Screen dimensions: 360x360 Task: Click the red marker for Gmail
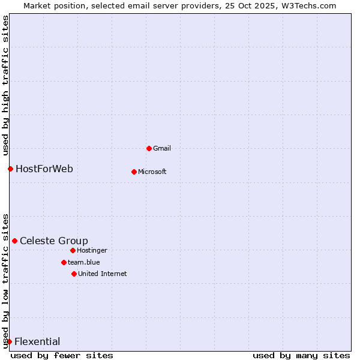click(149, 148)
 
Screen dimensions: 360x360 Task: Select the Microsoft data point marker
click(134, 172)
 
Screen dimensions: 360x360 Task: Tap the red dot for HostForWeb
click(10, 169)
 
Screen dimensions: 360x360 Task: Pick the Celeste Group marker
click(14, 241)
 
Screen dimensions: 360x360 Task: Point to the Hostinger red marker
click(73, 250)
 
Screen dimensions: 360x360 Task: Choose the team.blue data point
click(64, 262)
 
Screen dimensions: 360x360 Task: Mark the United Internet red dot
click(74, 274)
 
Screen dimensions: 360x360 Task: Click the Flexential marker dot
click(9, 341)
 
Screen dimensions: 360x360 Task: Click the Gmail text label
click(162, 148)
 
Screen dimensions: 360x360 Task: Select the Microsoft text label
click(152, 172)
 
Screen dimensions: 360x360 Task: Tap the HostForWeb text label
click(44, 169)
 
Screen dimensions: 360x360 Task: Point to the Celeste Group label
click(54, 241)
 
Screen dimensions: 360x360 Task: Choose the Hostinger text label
click(92, 250)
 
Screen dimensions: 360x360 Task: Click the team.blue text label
click(84, 262)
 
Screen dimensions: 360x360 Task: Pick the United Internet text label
click(103, 274)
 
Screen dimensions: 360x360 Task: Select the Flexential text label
click(37, 341)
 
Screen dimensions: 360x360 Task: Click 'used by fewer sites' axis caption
click(62, 355)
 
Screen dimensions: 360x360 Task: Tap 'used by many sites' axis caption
click(301, 355)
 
